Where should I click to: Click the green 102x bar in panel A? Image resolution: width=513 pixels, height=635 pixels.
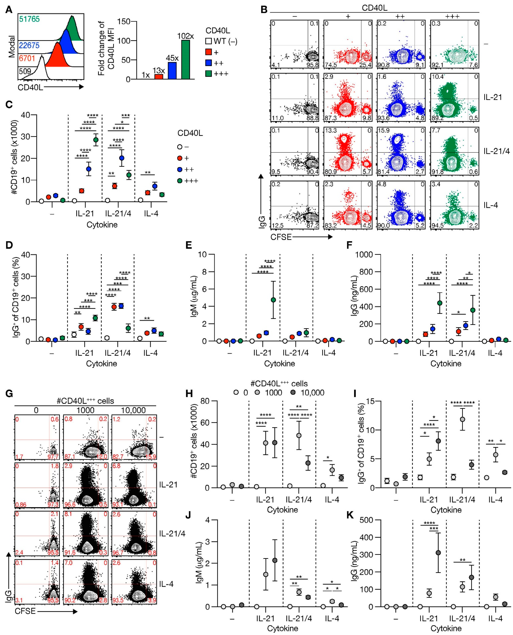[x=186, y=60]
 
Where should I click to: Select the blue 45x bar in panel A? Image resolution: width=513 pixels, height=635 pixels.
[x=172, y=71]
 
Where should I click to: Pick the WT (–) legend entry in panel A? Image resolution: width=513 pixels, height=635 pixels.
[x=222, y=41]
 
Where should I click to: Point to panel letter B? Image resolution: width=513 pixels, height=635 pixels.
[x=264, y=10]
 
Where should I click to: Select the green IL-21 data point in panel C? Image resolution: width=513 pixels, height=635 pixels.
[x=96, y=140]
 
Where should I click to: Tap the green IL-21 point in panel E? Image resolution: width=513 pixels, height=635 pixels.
[x=273, y=300]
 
